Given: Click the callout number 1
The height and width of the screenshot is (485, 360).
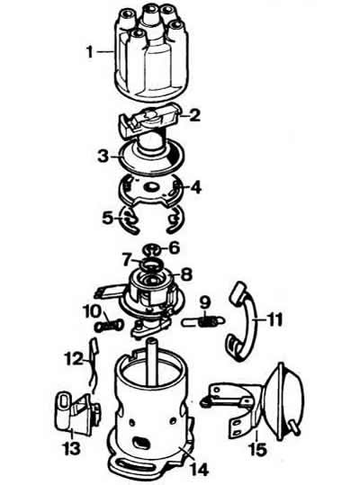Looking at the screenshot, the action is (90, 52).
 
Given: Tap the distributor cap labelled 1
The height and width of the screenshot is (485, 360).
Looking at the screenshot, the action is (148, 51).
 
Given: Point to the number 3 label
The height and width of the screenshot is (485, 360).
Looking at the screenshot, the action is (103, 157).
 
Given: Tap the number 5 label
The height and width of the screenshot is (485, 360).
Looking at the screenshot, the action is (107, 219).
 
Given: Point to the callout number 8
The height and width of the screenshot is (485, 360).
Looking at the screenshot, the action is (186, 274).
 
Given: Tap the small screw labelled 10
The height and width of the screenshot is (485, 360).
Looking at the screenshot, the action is (109, 326).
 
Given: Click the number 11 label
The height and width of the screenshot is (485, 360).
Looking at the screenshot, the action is (274, 319).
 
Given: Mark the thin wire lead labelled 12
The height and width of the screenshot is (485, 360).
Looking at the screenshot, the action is (93, 365).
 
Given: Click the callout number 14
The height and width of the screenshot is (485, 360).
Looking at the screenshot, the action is (200, 470).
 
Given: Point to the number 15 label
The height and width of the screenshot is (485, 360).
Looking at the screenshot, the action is (257, 449).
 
